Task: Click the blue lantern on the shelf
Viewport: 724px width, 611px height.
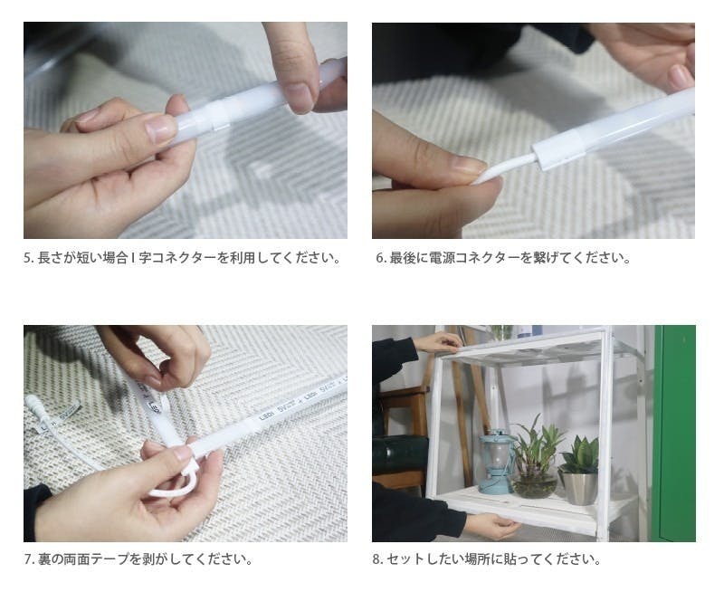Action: [495, 461]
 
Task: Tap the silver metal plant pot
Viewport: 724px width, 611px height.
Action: [578, 488]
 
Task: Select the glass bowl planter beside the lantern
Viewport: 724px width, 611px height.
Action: [535, 484]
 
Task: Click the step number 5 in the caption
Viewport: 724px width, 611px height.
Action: [27, 258]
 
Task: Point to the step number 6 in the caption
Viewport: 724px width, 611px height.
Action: [379, 258]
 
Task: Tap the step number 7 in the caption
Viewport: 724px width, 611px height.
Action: [27, 559]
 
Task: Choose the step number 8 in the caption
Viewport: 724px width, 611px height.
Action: [376, 559]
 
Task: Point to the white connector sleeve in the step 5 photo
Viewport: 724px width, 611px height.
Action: [216, 114]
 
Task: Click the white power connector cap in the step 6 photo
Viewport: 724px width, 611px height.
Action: [557, 146]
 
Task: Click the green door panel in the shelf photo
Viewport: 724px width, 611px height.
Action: [674, 434]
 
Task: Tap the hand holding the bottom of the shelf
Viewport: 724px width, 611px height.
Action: [491, 527]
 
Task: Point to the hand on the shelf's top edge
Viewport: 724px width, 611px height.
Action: [439, 342]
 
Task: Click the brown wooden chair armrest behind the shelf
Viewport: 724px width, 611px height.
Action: [403, 393]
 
